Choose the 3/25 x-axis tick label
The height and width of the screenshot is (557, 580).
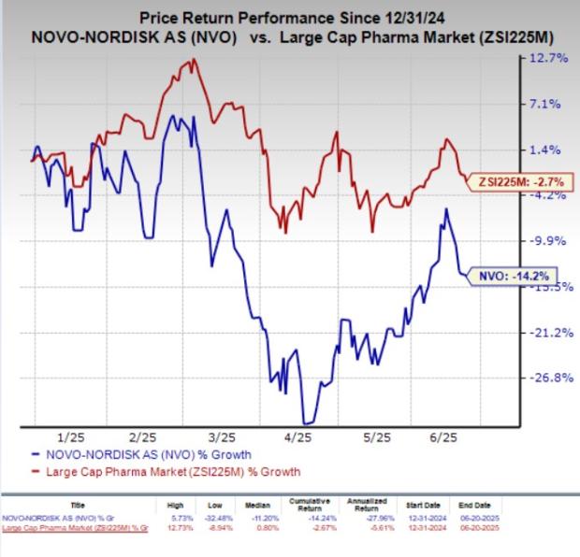tap(221, 436)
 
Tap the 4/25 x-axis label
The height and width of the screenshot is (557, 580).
tap(297, 436)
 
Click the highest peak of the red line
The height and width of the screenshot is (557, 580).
tap(194, 61)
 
